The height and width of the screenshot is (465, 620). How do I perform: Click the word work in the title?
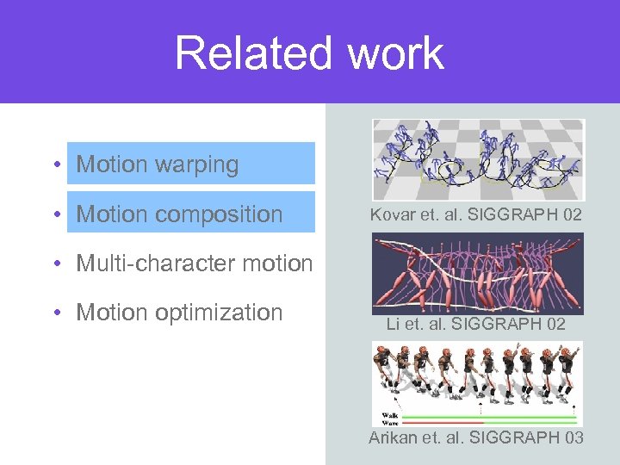pos(395,53)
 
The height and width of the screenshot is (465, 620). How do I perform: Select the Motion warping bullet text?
pos(158,164)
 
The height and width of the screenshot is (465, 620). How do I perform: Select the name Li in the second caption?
pos(394,325)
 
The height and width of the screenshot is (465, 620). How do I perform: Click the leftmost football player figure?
pos(385,371)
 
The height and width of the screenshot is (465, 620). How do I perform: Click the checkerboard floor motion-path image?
pos(478,160)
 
